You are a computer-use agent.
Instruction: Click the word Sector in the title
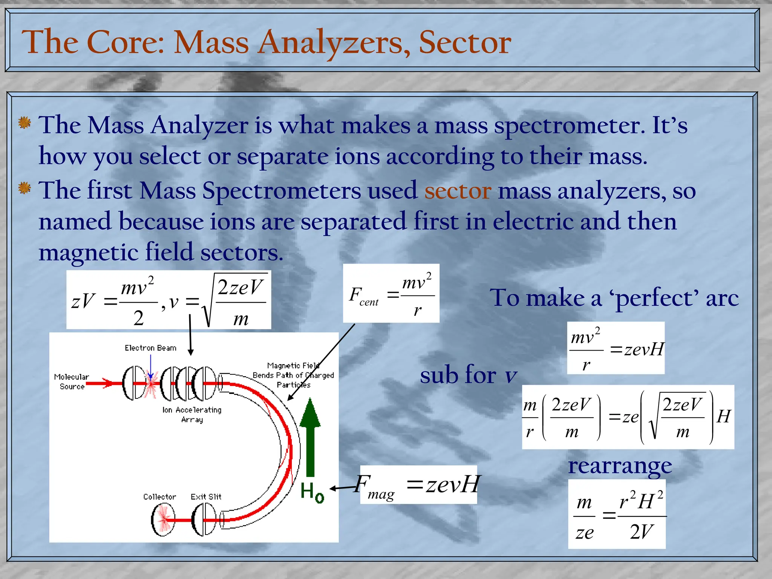[x=464, y=42]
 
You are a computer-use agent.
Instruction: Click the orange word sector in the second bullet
[x=458, y=191]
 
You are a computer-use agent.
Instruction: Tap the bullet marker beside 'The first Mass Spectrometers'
[x=25, y=188]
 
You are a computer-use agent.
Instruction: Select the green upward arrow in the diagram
[x=310, y=437]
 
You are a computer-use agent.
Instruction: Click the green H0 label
[x=312, y=492]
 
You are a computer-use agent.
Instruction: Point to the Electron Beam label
[x=150, y=348]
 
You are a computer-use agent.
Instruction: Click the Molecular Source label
[x=71, y=381]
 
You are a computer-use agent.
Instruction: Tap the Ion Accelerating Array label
[x=192, y=414]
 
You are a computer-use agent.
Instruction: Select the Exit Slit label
[x=206, y=497]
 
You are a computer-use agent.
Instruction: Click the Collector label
[x=159, y=497]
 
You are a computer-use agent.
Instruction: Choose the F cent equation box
[x=391, y=293]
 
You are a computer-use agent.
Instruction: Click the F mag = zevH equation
[x=418, y=485]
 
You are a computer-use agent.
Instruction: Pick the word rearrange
[x=620, y=466]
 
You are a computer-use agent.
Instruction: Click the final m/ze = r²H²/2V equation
[x=617, y=514]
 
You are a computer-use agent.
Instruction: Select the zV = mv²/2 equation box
[x=168, y=300]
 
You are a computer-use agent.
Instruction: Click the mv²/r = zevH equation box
[x=616, y=348]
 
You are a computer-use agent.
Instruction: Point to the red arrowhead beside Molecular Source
[x=108, y=384]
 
